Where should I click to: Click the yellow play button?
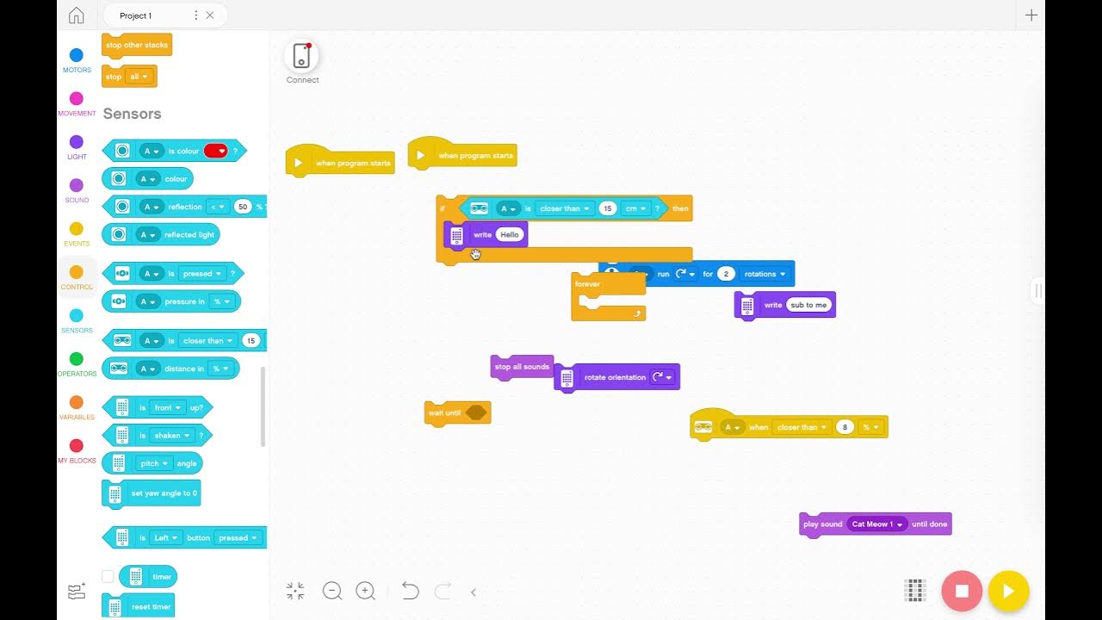pyautogui.click(x=1008, y=592)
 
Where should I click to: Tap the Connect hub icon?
pyautogui.click(x=302, y=56)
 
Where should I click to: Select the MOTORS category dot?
pyautogui.click(x=77, y=55)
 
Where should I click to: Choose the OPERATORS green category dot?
pyautogui.click(x=77, y=359)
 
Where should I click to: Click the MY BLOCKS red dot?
pyautogui.click(x=77, y=445)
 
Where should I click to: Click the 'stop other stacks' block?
pyautogui.click(x=137, y=46)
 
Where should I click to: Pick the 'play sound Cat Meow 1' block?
pyautogui.click(x=822, y=524)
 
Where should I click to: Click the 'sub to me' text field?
pyautogui.click(x=808, y=305)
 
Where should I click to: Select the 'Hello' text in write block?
pyautogui.click(x=510, y=234)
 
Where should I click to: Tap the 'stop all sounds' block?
pyautogui.click(x=522, y=367)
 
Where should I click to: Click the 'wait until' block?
pyautogui.click(x=443, y=413)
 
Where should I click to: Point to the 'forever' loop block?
pyautogui.click(x=588, y=284)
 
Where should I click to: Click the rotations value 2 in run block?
pyautogui.click(x=726, y=274)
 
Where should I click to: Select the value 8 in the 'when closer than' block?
pyautogui.click(x=845, y=427)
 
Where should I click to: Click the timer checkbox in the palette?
pyautogui.click(x=108, y=577)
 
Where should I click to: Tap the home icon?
pyautogui.click(x=77, y=15)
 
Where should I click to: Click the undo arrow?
pyautogui.click(x=410, y=592)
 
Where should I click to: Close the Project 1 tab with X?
pyautogui.click(x=210, y=15)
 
